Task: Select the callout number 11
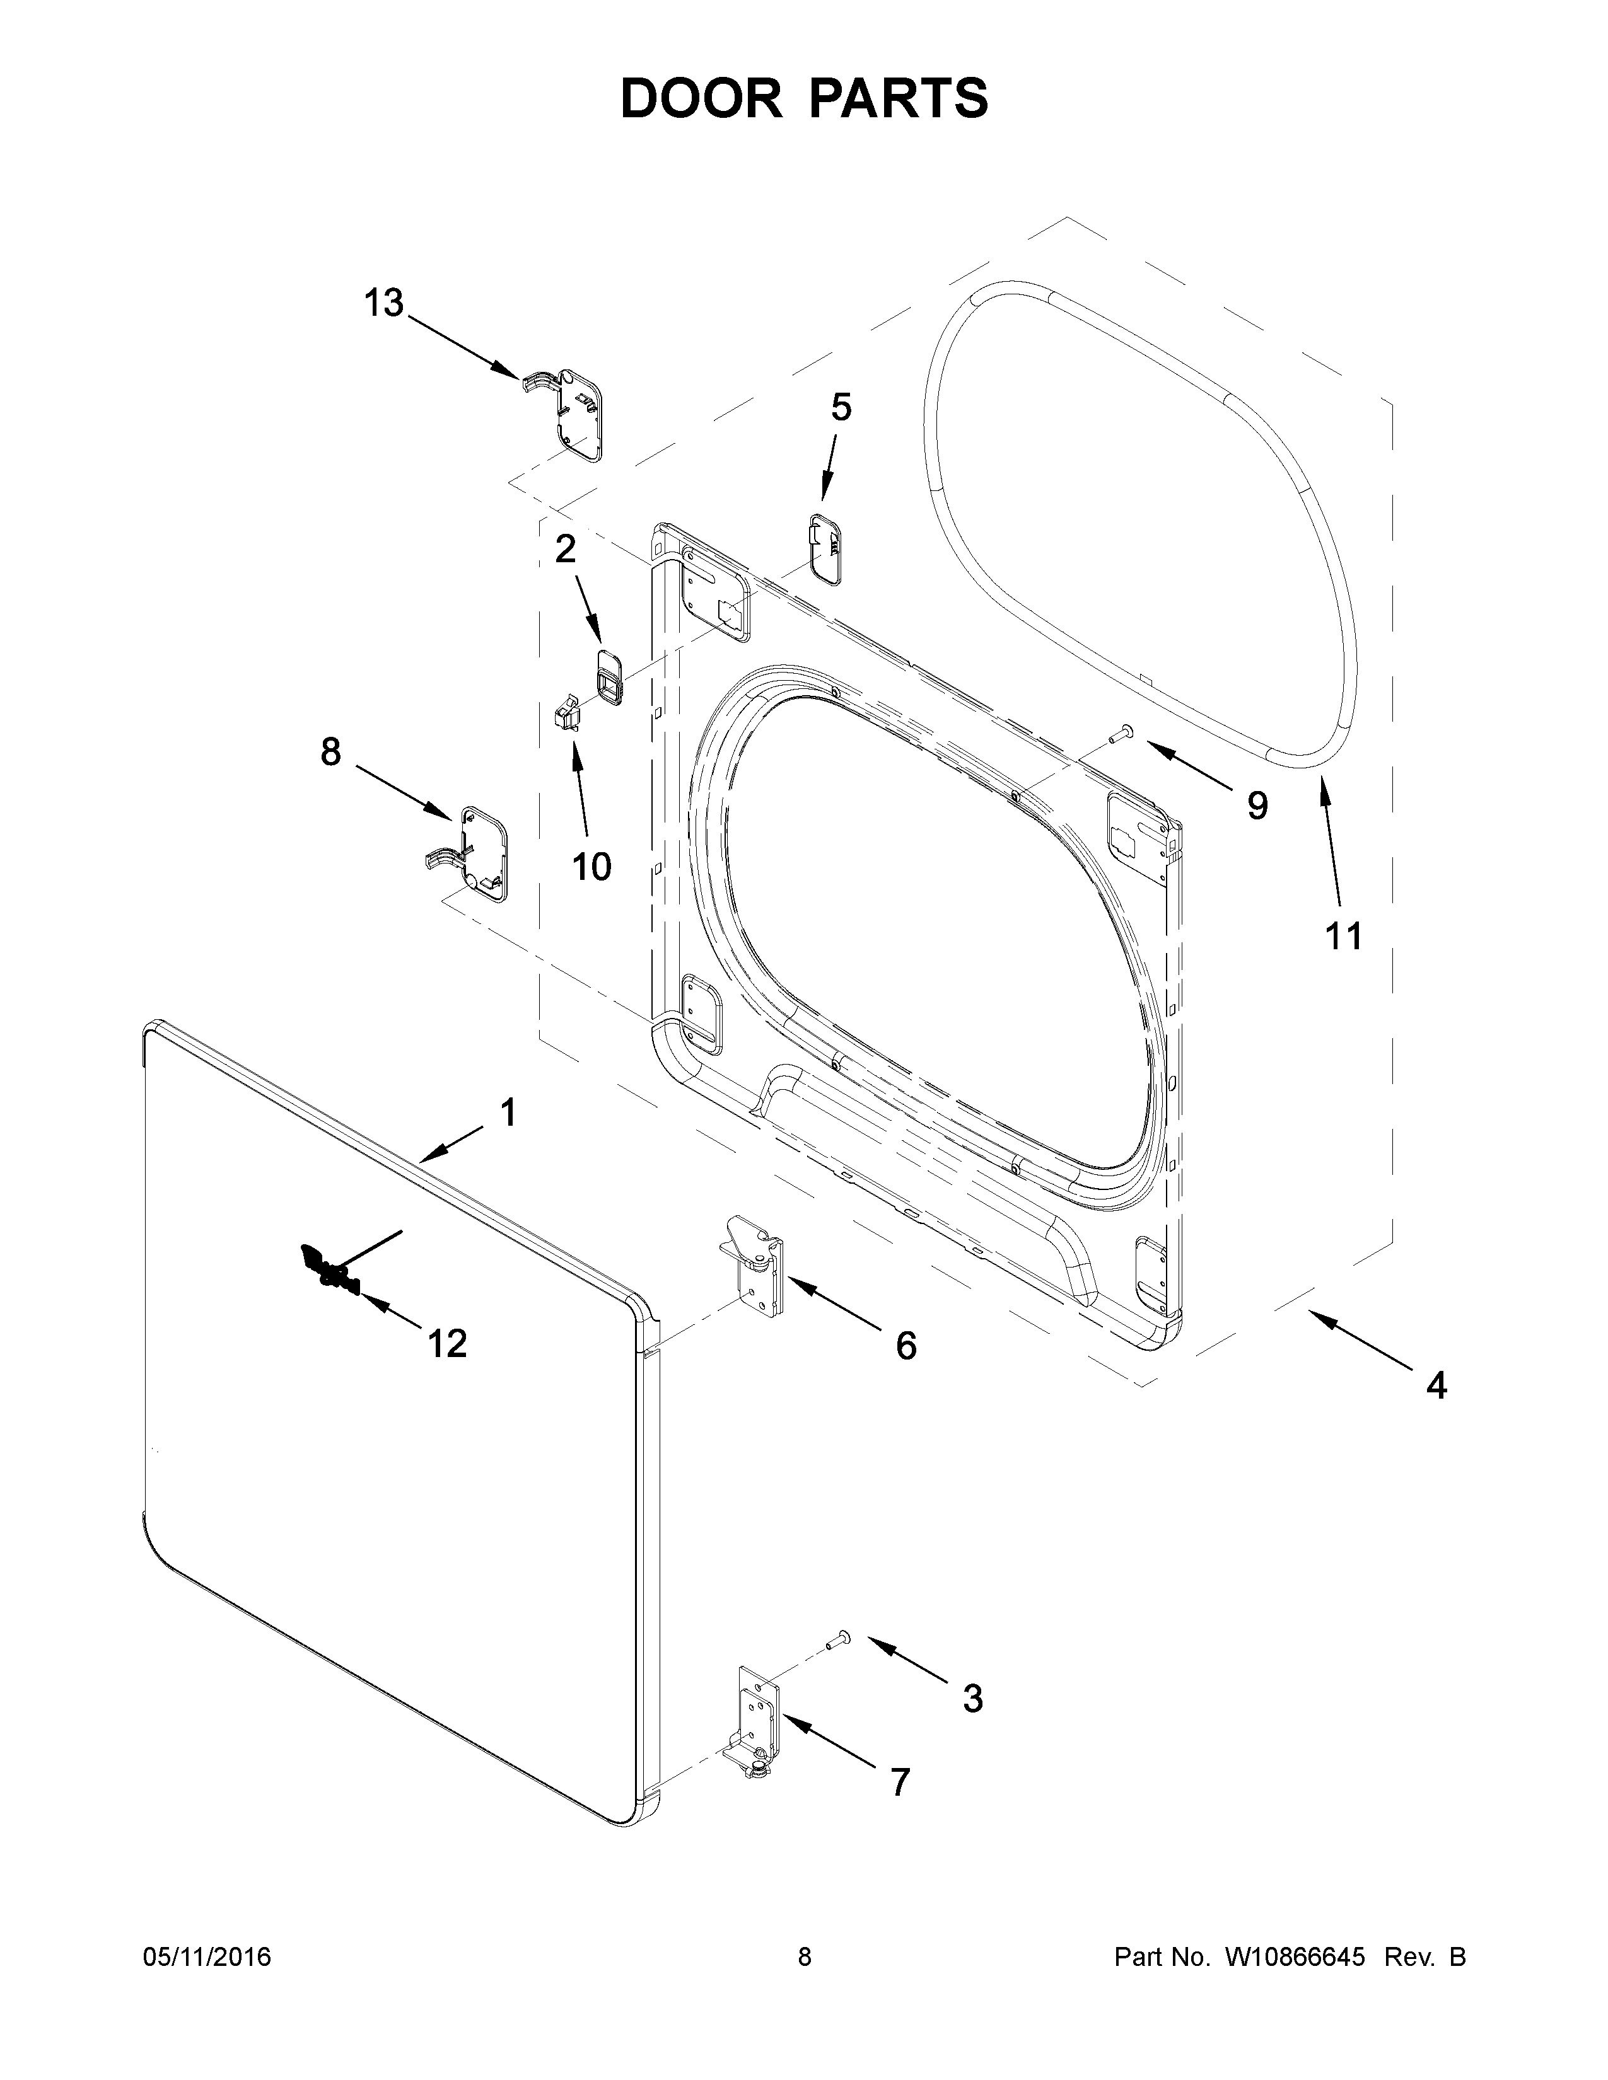[x=1344, y=937]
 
